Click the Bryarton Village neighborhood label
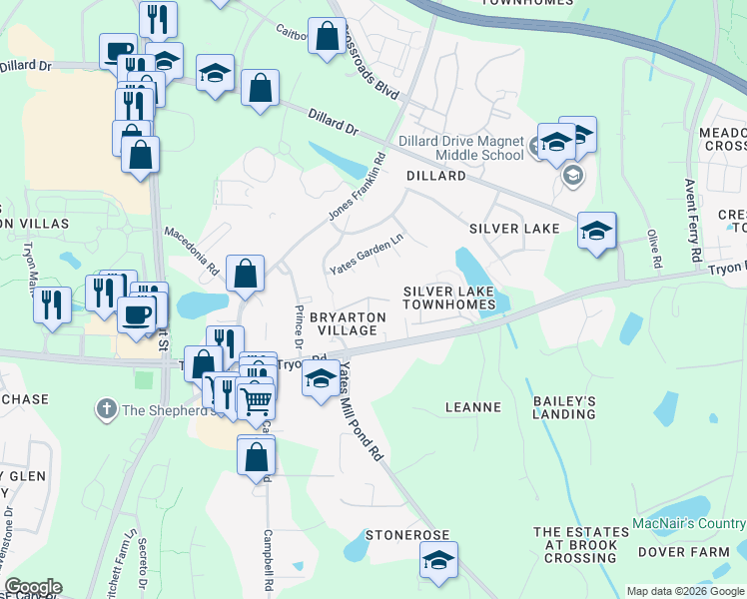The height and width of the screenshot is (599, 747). [x=347, y=322]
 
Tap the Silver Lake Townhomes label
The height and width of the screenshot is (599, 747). [x=449, y=298]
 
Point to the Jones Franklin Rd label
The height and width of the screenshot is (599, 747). [x=357, y=189]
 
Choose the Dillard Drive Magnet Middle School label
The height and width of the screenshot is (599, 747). [x=460, y=148]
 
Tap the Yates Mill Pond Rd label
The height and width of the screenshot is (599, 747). [x=361, y=411]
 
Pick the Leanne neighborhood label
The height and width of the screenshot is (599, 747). [x=472, y=407]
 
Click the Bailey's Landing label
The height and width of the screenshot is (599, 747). [x=564, y=407]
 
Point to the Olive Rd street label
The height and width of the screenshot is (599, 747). [x=655, y=248]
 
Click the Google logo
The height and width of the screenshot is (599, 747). [x=33, y=587]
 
